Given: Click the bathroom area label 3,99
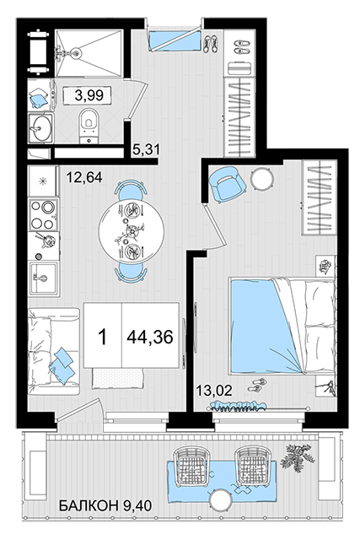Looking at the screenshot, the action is pos(89,94).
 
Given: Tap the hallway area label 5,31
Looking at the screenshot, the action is pos(147,149).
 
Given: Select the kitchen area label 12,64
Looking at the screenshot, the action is pos(84,177).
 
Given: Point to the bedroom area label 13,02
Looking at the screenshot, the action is pos(214,391).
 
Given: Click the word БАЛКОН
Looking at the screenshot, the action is pos(89,506).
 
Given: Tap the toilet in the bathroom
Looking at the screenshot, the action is pos(89,126).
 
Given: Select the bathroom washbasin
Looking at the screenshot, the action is pos(40,127).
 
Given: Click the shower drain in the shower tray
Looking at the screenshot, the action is pos(77,52).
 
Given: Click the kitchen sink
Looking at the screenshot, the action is pos(43,278).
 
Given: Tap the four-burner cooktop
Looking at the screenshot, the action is pos(43,215).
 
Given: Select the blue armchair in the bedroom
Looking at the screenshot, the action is pos(228,184).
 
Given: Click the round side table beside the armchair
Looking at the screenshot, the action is pos(261,179).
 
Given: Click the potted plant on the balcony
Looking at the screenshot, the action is pos(298,456).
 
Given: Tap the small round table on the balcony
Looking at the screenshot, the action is pos(221,500).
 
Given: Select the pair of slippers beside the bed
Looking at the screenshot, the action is pos(257,385).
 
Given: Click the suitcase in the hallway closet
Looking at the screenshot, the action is pos(239,67).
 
